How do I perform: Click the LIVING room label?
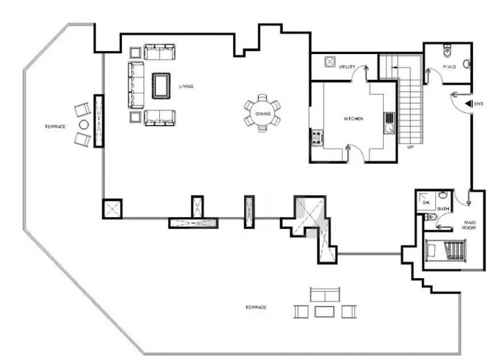(x=186, y=86)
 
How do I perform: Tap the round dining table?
(x=263, y=113)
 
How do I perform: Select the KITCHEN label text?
(x=353, y=119)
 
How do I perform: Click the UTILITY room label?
(x=347, y=67)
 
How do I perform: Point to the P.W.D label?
(x=449, y=67)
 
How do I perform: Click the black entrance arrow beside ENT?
(x=469, y=104)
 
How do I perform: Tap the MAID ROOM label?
(x=469, y=225)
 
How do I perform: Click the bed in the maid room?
(x=445, y=250)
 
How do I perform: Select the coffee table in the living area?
(x=161, y=86)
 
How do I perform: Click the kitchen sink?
(x=389, y=123)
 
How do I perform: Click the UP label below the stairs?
(x=410, y=147)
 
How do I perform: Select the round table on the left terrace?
(x=84, y=125)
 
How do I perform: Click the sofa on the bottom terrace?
(x=325, y=295)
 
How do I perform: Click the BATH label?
(x=443, y=209)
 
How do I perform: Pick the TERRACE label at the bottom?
(x=256, y=307)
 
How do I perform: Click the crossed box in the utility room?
(x=330, y=62)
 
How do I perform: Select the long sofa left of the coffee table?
(x=136, y=85)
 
